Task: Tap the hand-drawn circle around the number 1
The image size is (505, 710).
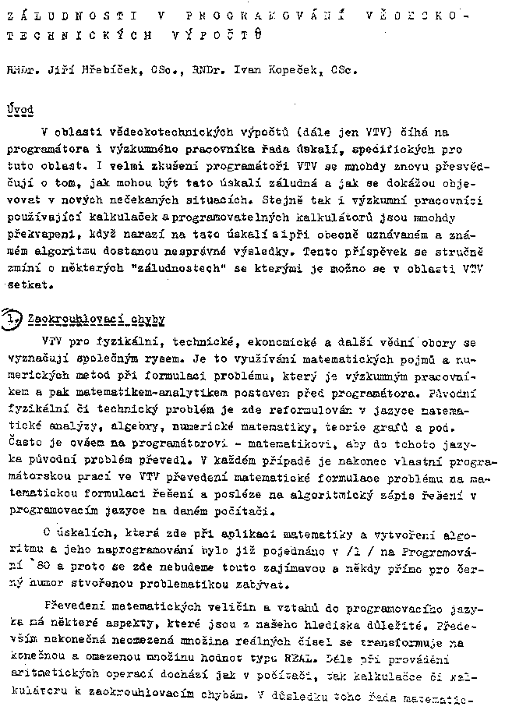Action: (x=13, y=319)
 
